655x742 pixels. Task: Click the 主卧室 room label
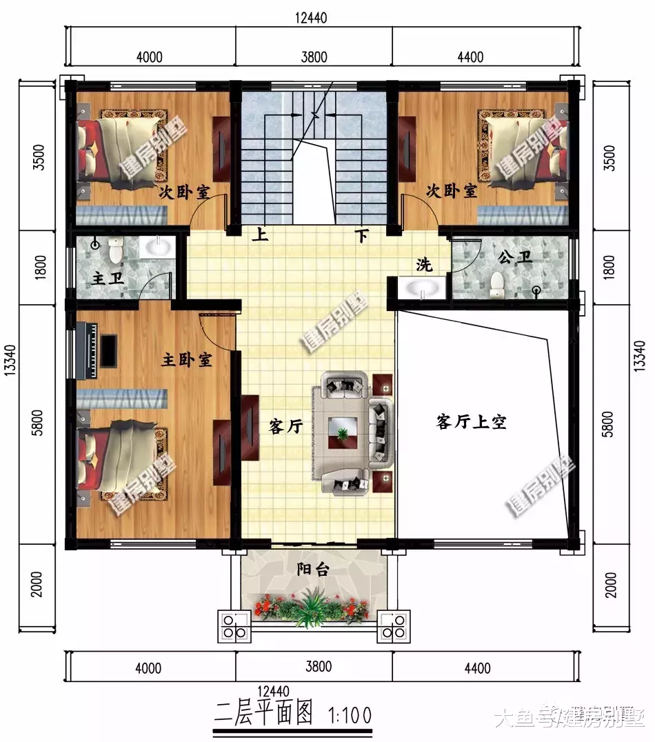coord(186,360)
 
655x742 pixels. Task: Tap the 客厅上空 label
coord(471,422)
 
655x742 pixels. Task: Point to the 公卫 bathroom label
coord(515,258)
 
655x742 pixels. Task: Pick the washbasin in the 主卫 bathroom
coord(158,246)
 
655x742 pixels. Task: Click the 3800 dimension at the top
coord(314,57)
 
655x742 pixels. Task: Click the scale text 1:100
coord(345,713)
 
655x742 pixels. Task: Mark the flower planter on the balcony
coord(312,608)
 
